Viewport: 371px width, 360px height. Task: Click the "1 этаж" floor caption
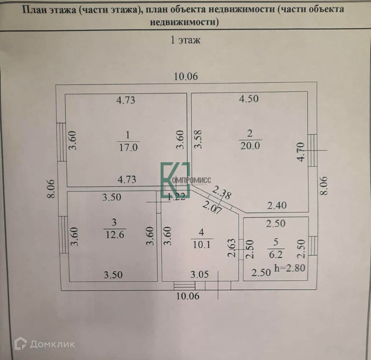point(185,40)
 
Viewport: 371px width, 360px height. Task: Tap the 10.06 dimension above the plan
point(186,77)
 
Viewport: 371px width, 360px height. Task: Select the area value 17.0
point(128,147)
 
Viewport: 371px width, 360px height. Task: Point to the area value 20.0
point(250,145)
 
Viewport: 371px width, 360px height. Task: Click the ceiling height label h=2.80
point(290,268)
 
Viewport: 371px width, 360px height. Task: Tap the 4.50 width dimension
point(248,99)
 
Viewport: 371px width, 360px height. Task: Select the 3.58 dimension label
point(199,139)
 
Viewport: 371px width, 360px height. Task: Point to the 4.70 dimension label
point(302,152)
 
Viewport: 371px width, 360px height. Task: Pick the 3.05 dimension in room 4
point(200,274)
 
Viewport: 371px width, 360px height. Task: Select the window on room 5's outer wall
point(313,245)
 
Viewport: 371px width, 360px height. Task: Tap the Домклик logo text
point(52,344)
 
